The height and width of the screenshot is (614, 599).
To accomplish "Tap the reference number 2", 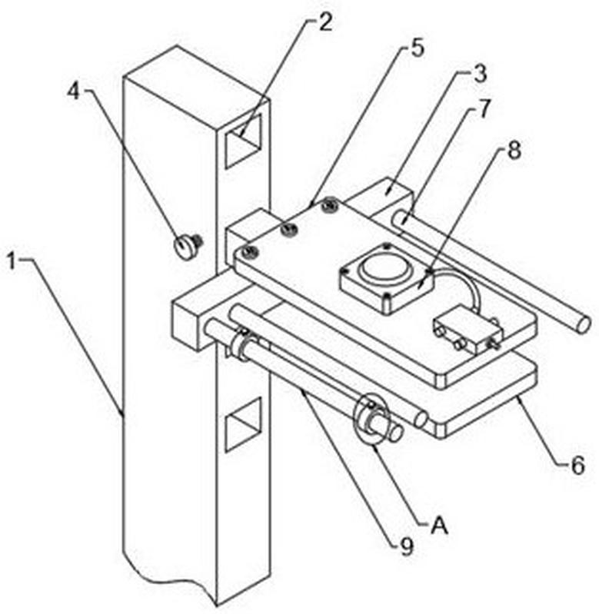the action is pos(324,23).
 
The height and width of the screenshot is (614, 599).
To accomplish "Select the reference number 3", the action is pos(480,73).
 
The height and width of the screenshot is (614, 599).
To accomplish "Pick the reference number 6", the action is pos(577,466).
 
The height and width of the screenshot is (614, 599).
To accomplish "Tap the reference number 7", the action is pos(484,108).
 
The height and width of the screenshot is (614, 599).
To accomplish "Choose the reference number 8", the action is pos(514,150).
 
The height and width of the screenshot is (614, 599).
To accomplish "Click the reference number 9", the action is pos(407,546).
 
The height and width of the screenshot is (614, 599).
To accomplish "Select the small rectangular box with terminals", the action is pos(468,330).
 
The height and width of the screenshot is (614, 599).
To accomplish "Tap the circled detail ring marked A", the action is pos(370,419).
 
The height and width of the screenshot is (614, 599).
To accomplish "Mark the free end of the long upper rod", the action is pos(583,325).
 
